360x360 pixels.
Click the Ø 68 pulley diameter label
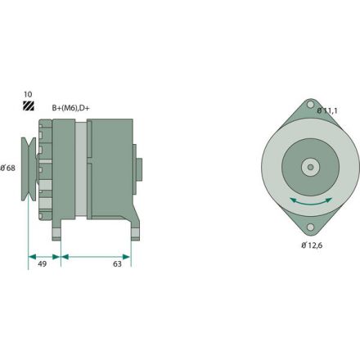pyautogui.click(x=9, y=168)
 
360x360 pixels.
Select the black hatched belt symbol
pyautogui.click(x=29, y=107)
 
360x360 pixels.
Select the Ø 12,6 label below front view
pyautogui.click(x=314, y=244)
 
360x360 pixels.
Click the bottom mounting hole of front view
pyautogui.click(x=309, y=227)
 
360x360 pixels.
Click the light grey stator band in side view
pyautogui.click(x=80, y=168)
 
